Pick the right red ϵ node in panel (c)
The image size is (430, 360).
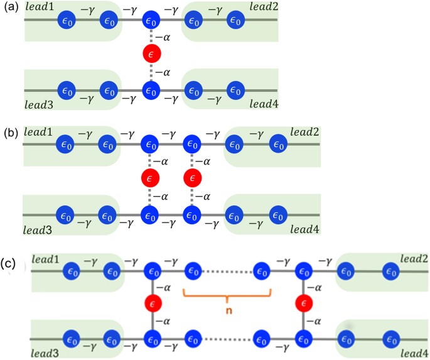tap(304, 304)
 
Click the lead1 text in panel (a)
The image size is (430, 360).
tap(40, 7)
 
